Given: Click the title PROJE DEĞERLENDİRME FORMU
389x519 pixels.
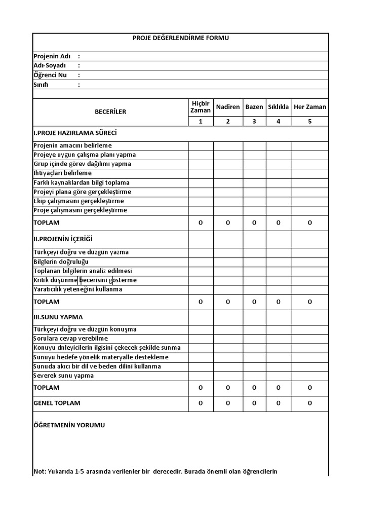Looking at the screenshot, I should coord(180,38).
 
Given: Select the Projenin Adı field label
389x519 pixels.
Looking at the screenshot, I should coord(52,56).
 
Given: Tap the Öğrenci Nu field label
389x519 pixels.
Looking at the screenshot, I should coord(50,75).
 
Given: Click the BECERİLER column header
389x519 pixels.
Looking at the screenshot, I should coord(110,112).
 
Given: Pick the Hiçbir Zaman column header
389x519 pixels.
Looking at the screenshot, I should coord(200,107).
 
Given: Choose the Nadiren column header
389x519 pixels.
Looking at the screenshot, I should coord(228,107).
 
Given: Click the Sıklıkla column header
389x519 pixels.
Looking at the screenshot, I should coord(278,107).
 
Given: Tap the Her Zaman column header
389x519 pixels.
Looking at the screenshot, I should coord(309,107).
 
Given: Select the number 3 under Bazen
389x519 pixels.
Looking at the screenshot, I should coord(254,121).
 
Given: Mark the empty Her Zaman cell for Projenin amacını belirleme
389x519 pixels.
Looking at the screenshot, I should coord(309,146).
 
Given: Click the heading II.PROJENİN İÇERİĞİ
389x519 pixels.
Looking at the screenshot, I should coord(63,239).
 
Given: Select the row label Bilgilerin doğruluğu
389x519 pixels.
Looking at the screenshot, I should coord(61,262).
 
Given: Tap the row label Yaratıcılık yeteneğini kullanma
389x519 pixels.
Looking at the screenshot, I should coord(77,289).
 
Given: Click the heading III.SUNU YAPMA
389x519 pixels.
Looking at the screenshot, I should coord(58,317).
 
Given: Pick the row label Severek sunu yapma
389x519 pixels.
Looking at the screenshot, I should coord(63,376).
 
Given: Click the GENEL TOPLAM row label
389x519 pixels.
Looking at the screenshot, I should coord(57,403).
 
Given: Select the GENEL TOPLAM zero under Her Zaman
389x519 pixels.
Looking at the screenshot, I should coord(309,403).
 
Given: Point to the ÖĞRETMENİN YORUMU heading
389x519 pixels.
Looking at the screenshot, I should coord(69,425).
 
